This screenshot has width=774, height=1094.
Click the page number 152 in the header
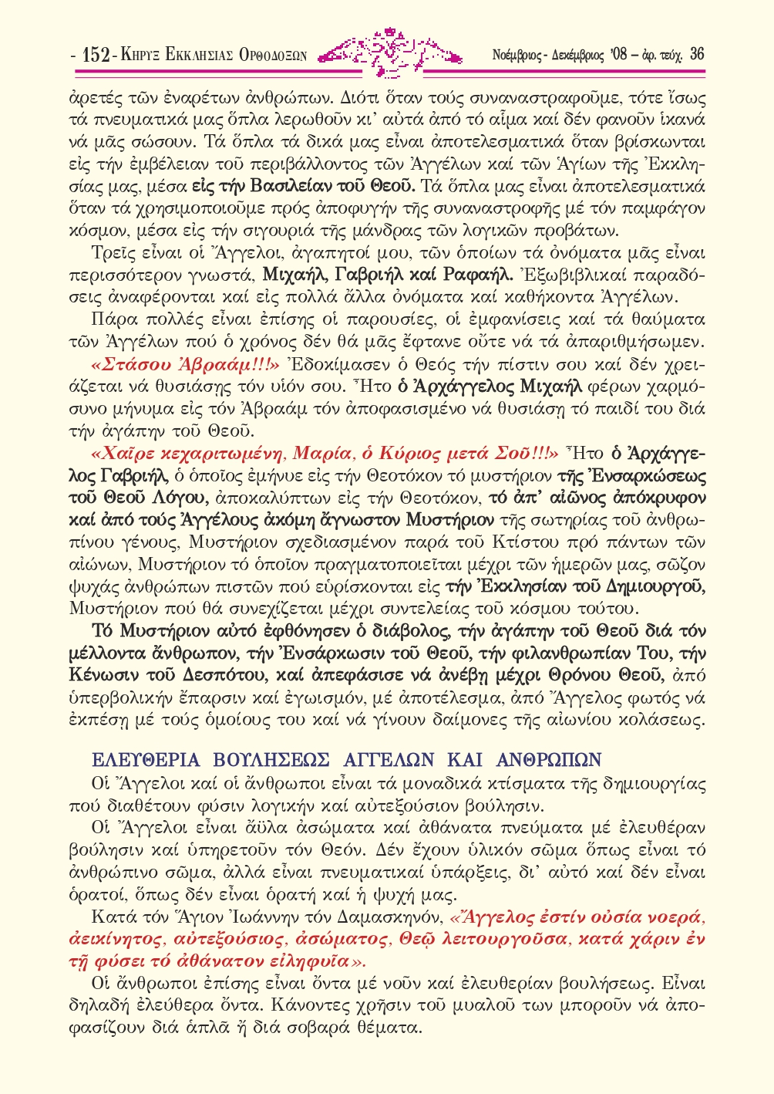[94, 55]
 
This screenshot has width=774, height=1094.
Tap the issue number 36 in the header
[696, 54]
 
